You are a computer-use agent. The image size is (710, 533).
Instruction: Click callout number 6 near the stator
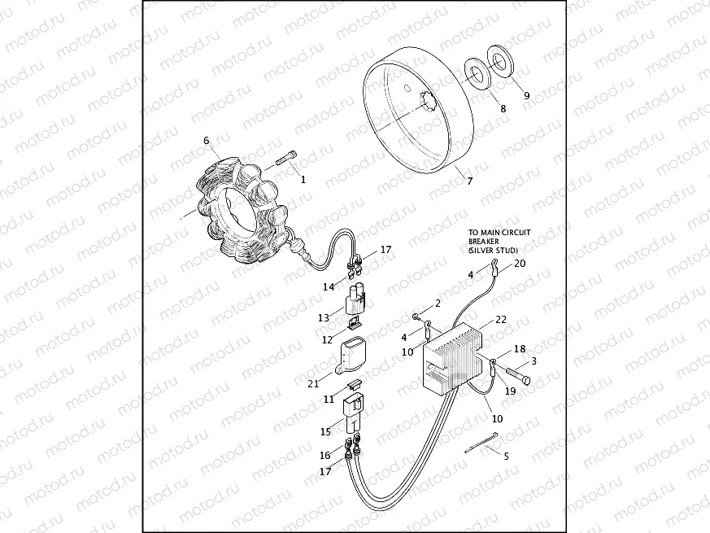(x=207, y=140)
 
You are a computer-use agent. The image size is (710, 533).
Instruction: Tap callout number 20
(x=521, y=263)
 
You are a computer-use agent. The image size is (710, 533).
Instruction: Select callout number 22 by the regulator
(x=501, y=320)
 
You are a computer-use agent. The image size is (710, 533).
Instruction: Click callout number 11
(x=329, y=400)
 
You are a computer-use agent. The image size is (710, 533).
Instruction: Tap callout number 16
(x=325, y=455)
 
